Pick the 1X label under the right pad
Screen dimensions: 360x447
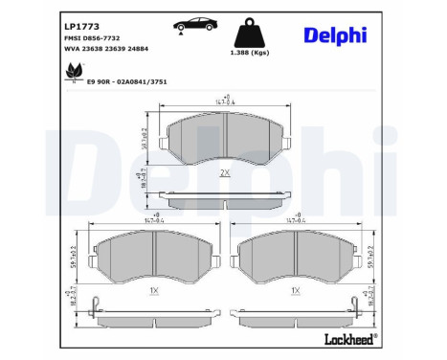pos(296,288)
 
